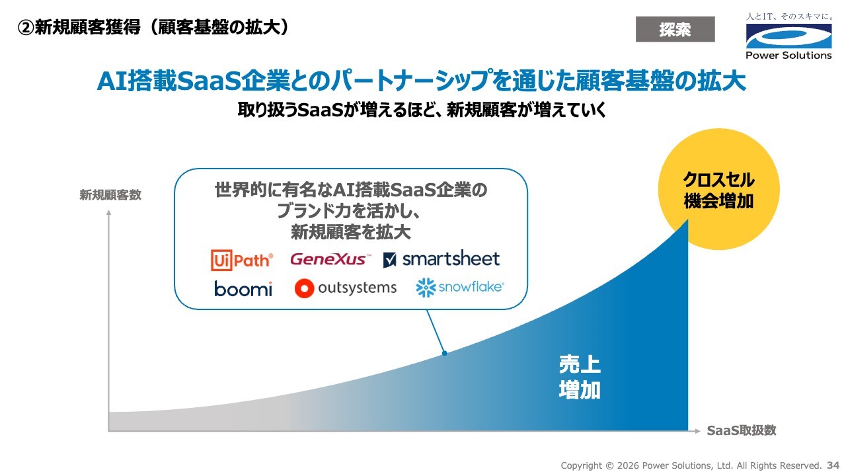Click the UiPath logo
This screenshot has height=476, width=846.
[242, 260]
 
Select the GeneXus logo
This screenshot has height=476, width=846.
[330, 259]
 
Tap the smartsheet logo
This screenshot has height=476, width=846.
[441, 259]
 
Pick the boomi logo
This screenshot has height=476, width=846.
[243, 289]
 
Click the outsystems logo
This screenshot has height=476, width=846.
[346, 288]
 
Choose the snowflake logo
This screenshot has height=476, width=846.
[459, 288]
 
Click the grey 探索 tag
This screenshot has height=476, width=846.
[675, 29]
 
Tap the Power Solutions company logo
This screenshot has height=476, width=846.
[789, 36]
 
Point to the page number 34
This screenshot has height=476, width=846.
[833, 465]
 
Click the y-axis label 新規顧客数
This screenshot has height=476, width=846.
[110, 195]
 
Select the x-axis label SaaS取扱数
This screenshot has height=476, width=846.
[742, 430]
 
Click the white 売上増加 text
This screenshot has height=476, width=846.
[580, 377]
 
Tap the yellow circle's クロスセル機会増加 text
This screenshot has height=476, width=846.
[718, 190]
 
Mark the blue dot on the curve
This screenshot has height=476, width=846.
[445, 353]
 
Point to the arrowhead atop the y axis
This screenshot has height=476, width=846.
[109, 213]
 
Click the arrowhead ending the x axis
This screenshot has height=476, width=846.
[697, 431]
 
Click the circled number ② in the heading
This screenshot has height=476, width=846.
[26, 28]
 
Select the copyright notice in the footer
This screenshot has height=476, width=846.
[691, 465]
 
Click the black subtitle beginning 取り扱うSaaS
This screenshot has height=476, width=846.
[422, 110]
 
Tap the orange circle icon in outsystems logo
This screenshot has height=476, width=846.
[304, 288]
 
